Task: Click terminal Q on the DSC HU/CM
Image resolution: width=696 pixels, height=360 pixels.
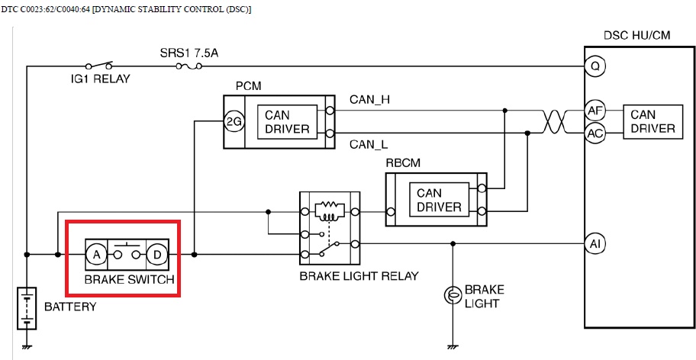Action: pyautogui.click(x=594, y=66)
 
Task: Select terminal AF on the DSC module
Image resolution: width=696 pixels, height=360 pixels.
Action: pyautogui.click(x=594, y=111)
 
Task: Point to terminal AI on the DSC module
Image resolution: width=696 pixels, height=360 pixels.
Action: pyautogui.click(x=594, y=244)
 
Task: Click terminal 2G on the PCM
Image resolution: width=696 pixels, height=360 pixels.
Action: pyautogui.click(x=234, y=121)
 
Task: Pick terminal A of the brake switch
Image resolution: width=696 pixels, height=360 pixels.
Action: pyautogui.click(x=96, y=253)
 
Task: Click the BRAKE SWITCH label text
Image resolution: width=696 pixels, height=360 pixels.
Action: pyautogui.click(x=129, y=280)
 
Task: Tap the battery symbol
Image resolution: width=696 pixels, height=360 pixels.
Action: pyautogui.click(x=27, y=306)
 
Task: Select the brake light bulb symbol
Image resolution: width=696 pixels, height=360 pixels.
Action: pyautogui.click(x=452, y=294)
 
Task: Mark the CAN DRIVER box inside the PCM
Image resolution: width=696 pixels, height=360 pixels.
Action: pyautogui.click(x=287, y=122)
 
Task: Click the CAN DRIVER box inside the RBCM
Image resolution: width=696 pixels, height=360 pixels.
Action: pyautogui.click(x=439, y=199)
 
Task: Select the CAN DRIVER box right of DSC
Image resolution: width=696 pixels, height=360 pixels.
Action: pyautogui.click(x=652, y=122)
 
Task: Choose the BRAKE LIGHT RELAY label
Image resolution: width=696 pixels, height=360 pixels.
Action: pyautogui.click(x=359, y=275)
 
